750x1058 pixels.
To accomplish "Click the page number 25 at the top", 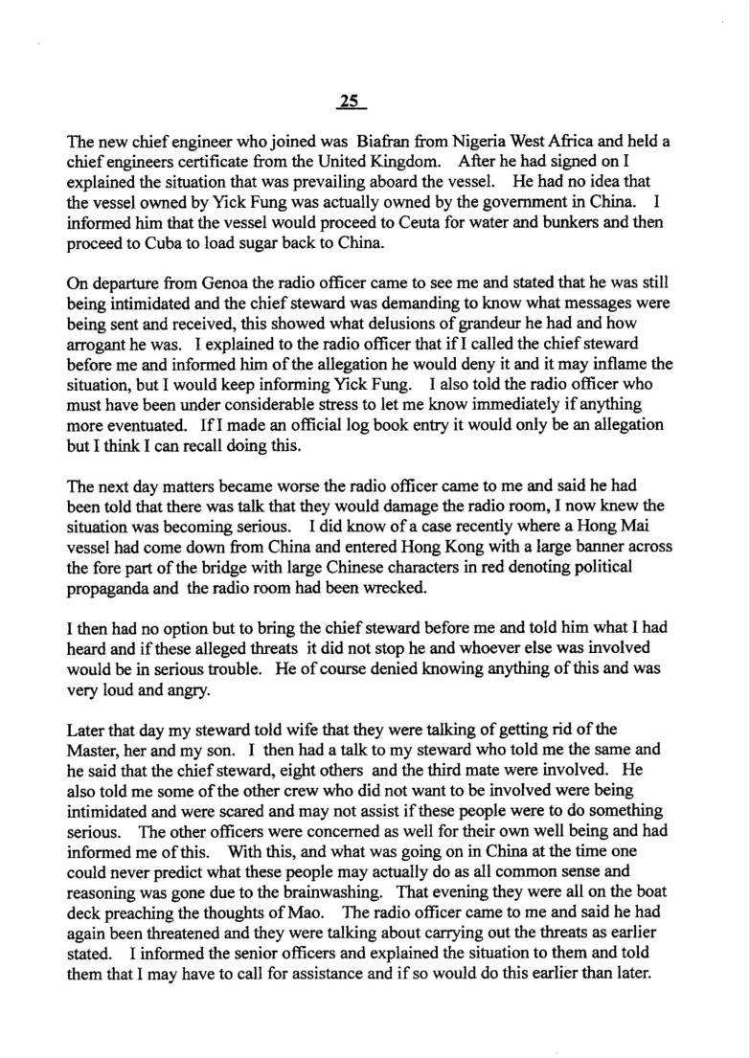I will [347, 101].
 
